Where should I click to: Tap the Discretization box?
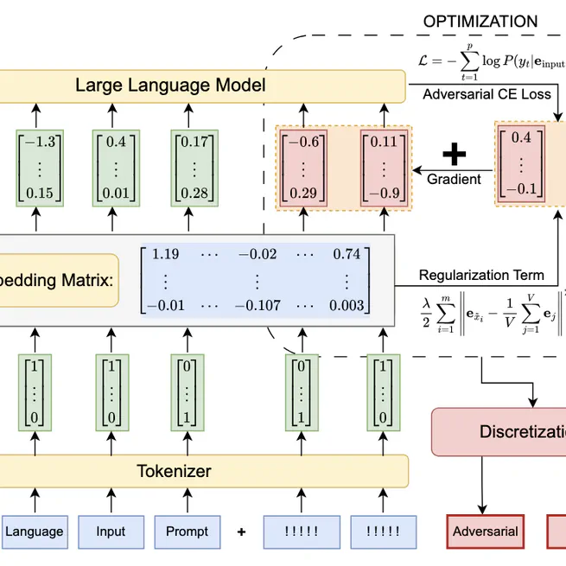point(510,431)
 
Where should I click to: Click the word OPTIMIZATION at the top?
point(480,22)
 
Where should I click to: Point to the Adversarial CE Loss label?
point(487,94)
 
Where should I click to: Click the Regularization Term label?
point(481,276)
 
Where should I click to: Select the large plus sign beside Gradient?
point(454,155)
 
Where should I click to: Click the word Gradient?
point(454,180)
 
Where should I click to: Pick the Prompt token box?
point(188,531)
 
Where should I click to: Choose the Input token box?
point(111,531)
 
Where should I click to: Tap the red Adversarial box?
point(485,531)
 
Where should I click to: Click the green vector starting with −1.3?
point(35,167)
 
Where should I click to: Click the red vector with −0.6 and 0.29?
point(302,167)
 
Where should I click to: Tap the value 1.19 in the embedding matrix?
point(165,254)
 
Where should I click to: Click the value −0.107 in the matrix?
point(254,306)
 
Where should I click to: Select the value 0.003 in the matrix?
point(346,306)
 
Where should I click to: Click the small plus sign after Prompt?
point(241,531)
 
